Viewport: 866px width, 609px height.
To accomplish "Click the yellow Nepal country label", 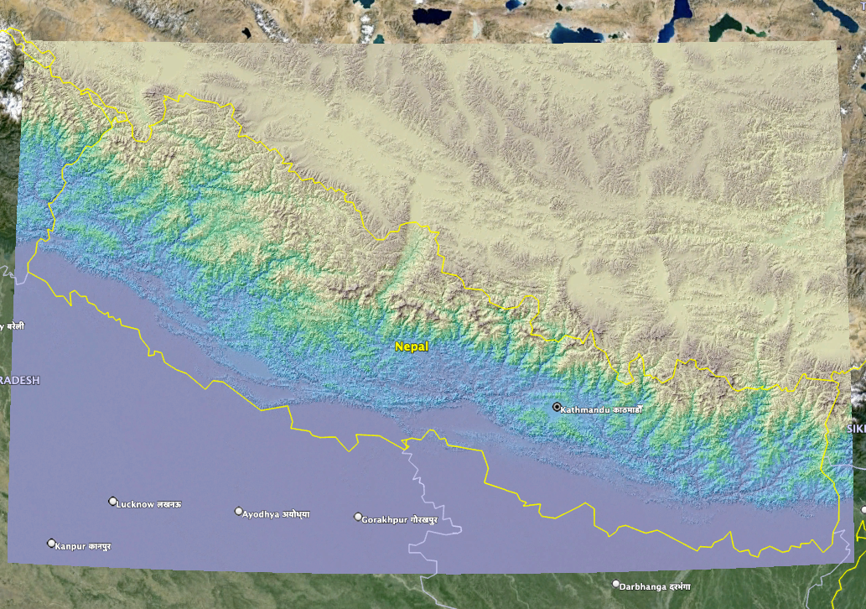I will click(412, 346).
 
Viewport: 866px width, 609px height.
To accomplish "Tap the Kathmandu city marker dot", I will click(556, 407).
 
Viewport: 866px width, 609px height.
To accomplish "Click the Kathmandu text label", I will click(601, 409).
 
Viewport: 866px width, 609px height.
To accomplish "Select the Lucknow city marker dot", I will click(113, 502).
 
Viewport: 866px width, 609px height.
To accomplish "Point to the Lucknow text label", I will click(150, 504).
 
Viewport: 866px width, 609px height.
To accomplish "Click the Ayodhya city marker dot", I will click(239, 511).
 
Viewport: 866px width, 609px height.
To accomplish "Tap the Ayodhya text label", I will click(276, 513).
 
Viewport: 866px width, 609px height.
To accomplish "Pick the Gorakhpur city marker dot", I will click(358, 517).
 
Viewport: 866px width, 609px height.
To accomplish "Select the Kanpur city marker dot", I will click(51, 543).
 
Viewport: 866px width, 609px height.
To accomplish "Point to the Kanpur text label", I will click(83, 546).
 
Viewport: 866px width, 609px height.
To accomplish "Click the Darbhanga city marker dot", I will click(616, 584).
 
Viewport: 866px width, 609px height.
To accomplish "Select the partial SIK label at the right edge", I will click(856, 429).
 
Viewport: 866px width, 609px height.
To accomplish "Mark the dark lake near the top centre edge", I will click(433, 15).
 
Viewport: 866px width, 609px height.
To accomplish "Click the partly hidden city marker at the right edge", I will click(863, 509).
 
